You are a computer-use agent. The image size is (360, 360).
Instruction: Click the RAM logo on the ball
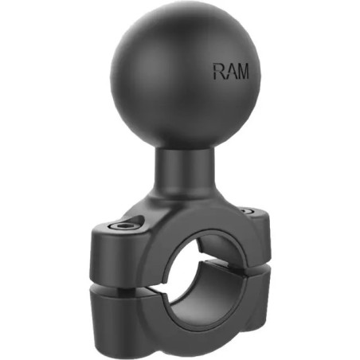(x=231, y=71)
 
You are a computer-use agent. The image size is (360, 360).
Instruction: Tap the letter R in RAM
(x=218, y=71)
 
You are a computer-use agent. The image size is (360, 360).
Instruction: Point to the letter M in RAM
(x=242, y=71)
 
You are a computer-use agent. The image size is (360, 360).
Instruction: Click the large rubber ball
(x=186, y=76)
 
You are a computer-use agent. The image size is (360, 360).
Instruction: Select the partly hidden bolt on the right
(x=248, y=211)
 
